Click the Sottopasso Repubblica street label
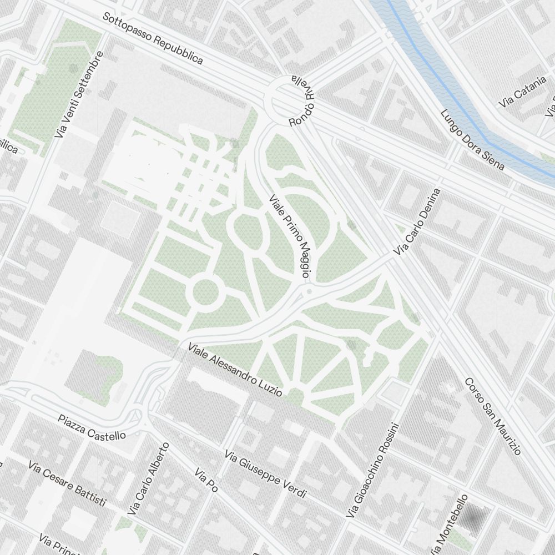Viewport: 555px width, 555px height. [x=153, y=38]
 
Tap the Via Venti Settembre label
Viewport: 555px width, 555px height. [x=79, y=95]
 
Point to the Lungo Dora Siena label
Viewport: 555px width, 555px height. [x=472, y=140]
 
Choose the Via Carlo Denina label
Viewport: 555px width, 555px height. [x=417, y=222]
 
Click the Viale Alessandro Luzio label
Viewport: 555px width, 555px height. [x=235, y=370]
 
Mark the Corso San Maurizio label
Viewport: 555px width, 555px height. [x=493, y=416]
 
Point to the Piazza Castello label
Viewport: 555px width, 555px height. [x=92, y=427]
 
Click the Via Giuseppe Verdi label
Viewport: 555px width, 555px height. [x=266, y=475]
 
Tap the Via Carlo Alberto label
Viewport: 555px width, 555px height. [x=148, y=478]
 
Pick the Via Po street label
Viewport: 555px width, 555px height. [x=205, y=480]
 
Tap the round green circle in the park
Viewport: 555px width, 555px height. [x=206, y=291]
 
